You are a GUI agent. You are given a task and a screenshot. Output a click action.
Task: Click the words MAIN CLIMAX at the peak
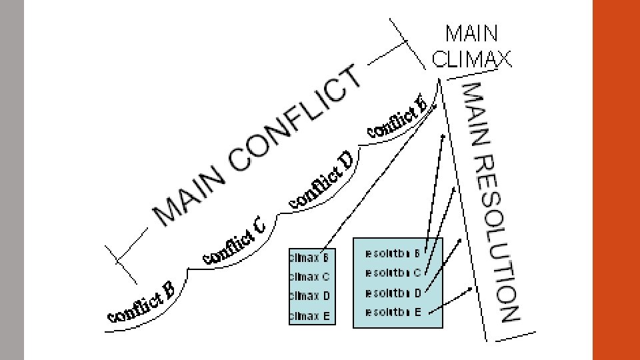(471, 46)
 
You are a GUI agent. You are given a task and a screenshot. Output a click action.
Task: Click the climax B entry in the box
(309, 257)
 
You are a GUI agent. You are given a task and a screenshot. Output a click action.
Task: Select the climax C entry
(309, 276)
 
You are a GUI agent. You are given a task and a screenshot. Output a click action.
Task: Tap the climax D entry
(309, 296)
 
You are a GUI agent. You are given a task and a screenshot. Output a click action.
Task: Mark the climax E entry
(309, 317)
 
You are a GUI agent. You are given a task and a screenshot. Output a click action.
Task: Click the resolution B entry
(393, 253)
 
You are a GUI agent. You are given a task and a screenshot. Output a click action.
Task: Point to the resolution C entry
(393, 273)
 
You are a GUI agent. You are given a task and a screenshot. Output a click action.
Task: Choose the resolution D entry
(393, 293)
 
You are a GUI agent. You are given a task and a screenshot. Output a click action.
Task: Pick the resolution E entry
(393, 312)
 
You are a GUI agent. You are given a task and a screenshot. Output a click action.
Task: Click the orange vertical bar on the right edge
(616, 180)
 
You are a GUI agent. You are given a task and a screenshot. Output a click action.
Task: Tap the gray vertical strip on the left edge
(12, 180)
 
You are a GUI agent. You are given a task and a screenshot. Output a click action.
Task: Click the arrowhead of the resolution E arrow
(471, 289)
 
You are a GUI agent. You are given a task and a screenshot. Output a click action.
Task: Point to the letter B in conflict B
(168, 289)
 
